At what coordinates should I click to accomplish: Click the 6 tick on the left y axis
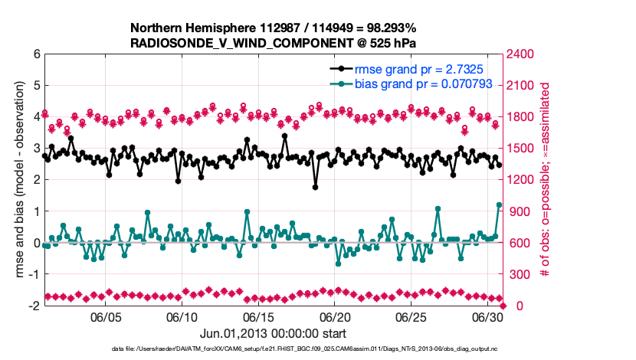tap(35, 54)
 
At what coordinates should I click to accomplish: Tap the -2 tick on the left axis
tap(33, 306)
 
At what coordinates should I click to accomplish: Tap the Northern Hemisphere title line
tap(274, 28)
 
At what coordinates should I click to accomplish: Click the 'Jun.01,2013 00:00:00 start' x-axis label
tap(274, 333)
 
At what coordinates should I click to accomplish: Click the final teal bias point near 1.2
tap(500, 205)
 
